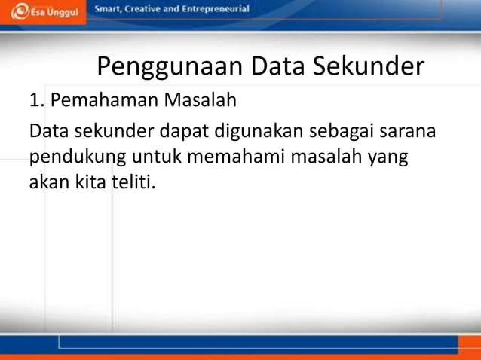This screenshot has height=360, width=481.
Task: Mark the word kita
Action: tap(88, 182)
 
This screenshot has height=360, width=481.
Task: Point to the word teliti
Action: tap(135, 182)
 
